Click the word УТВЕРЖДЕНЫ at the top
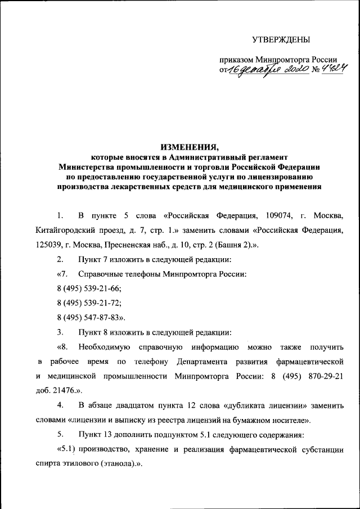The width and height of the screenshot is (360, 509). [280, 39]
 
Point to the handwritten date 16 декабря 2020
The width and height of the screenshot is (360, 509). [262, 70]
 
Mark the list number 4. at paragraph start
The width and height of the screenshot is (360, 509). [60, 404]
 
